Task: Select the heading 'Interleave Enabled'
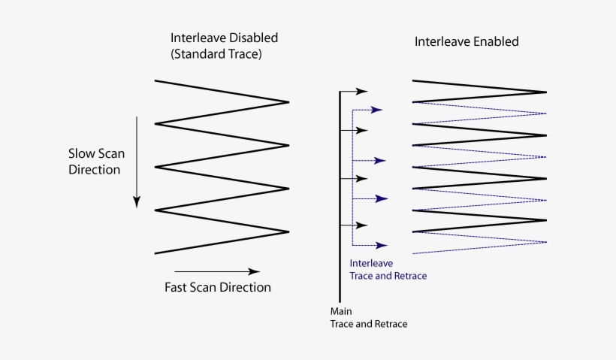click(467, 41)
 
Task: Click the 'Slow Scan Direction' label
click(96, 162)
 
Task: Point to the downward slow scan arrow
click(137, 162)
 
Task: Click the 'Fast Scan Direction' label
click(218, 287)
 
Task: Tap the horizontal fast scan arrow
click(217, 271)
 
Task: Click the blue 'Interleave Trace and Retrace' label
click(388, 270)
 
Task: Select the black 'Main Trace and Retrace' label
click(369, 317)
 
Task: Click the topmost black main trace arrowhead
click(363, 91)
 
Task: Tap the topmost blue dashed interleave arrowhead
click(377, 110)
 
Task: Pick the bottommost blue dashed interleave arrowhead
click(382, 246)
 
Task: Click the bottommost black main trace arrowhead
click(363, 225)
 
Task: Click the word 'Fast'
click(177, 287)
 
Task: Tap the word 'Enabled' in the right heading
click(494, 41)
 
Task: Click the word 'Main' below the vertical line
click(341, 310)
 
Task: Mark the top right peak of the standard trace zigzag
click(288, 101)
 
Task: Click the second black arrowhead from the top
click(363, 130)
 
